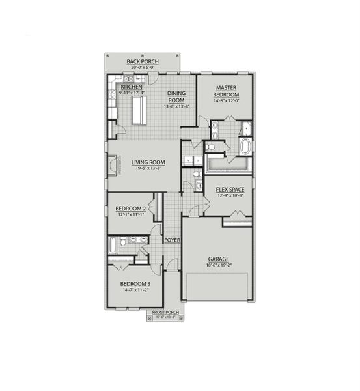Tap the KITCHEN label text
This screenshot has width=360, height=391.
click(131, 87)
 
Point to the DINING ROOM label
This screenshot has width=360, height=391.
click(176, 97)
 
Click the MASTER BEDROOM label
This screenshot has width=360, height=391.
click(226, 92)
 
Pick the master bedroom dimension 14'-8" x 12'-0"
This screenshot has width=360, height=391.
click(226, 102)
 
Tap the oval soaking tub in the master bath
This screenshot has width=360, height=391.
click(245, 146)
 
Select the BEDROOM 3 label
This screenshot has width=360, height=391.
click(135, 284)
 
